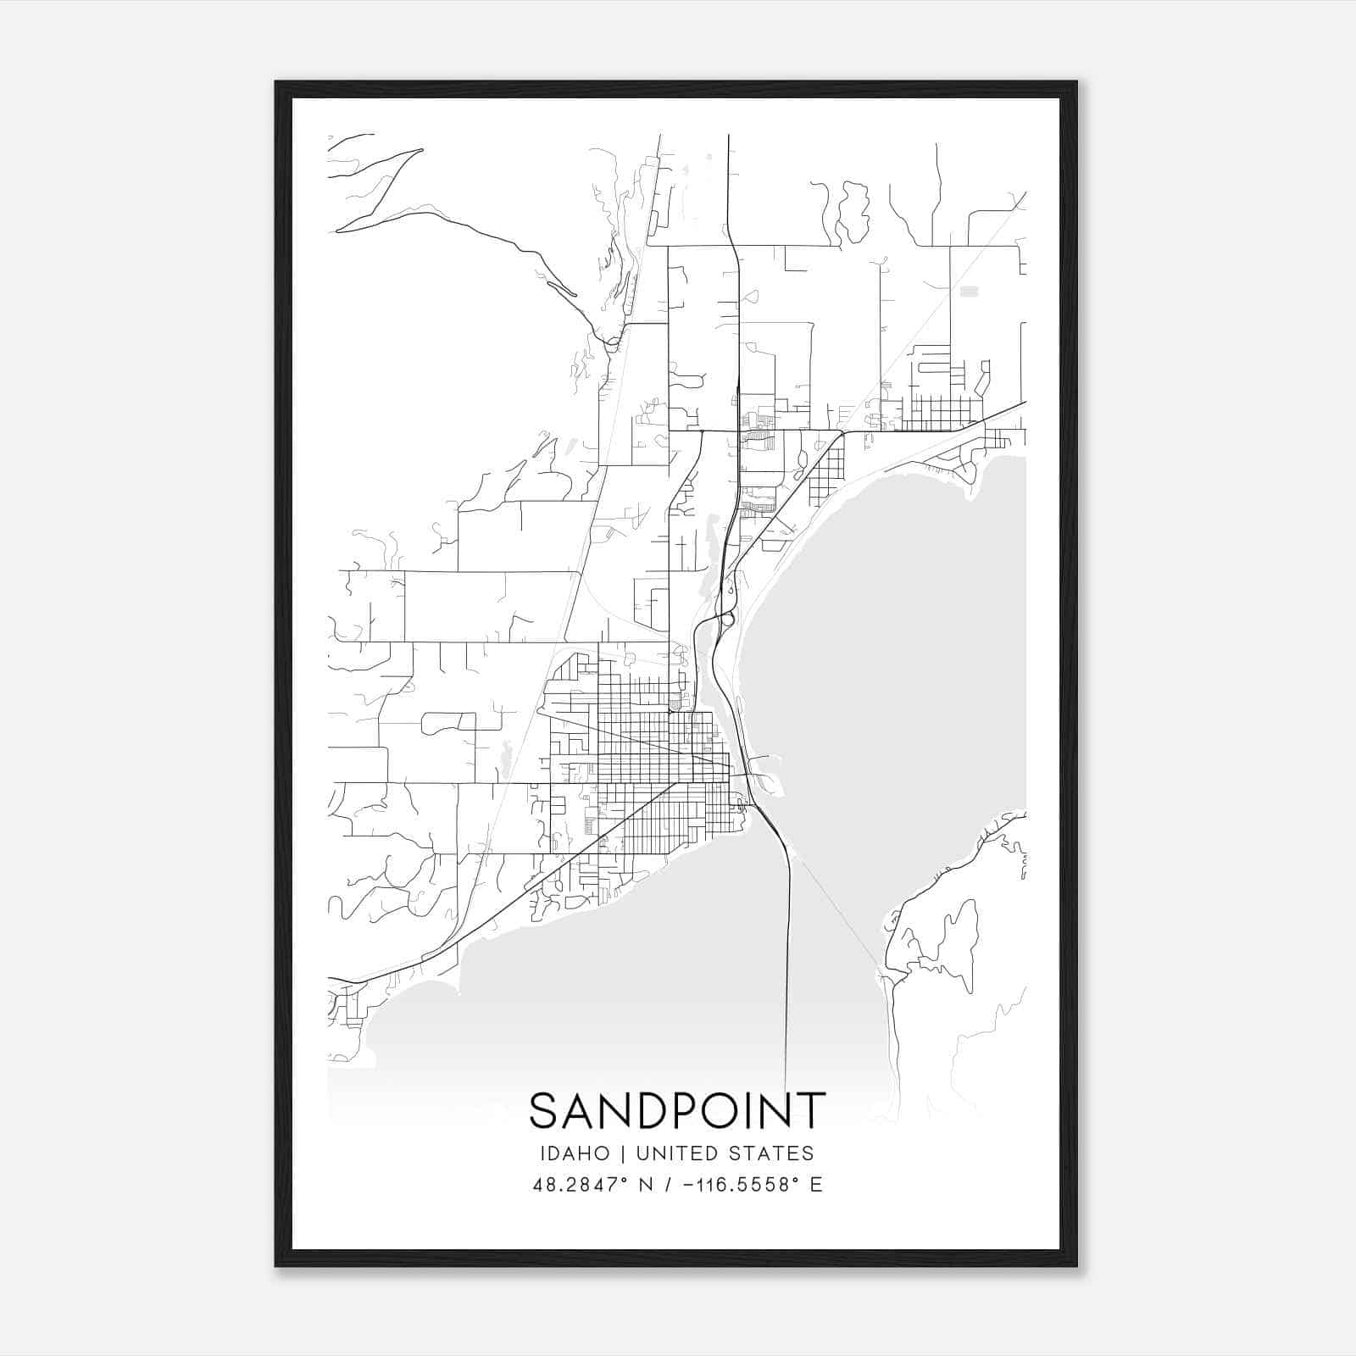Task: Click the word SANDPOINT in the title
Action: pos(677,1110)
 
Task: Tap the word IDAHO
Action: pos(574,1153)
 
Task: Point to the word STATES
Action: pos(780,1153)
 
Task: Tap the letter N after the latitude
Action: pos(646,1185)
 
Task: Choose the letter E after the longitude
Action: pos(816,1185)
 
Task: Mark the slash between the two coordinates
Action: pos(669,1185)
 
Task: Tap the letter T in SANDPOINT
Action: pos(812,1110)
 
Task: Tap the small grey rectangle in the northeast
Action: pos(968,291)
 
